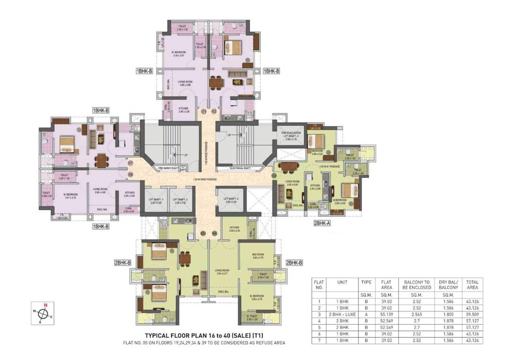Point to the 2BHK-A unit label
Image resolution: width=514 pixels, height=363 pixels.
pos(322,223)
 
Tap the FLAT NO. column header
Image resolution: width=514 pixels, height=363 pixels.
pos(319,285)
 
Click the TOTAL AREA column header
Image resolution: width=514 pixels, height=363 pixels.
pos(472,285)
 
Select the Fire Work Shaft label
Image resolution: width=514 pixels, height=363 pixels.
pos(167,168)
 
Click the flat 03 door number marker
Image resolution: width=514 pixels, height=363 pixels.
pos(274,175)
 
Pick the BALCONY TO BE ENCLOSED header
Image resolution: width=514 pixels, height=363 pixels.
pos(417,285)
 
